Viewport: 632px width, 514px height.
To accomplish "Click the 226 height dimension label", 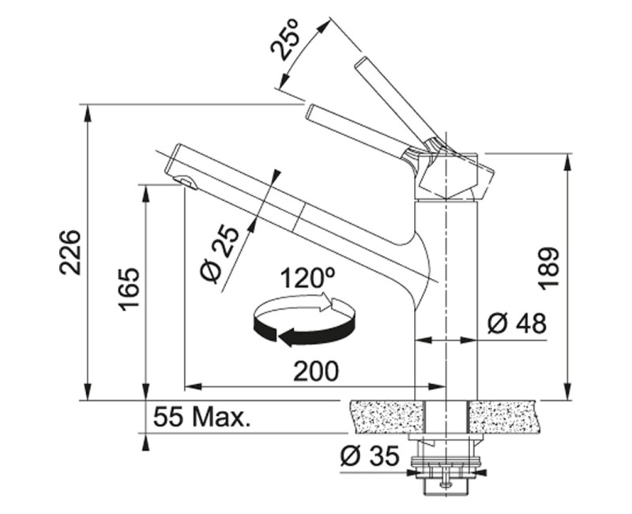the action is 70,252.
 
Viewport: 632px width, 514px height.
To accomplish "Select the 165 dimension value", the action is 129,289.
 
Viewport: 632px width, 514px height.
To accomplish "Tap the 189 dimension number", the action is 548,268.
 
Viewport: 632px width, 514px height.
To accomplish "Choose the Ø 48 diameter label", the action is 517,323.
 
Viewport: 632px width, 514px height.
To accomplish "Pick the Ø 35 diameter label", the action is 370,456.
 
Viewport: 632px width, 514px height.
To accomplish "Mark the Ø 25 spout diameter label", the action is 220,254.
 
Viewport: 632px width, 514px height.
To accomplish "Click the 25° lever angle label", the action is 286,40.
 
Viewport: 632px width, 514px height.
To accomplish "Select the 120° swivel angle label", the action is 308,278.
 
